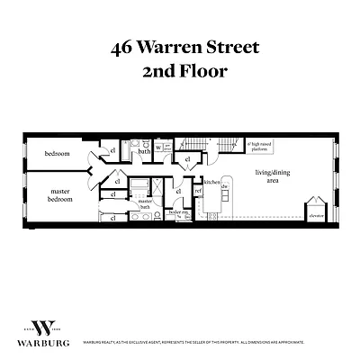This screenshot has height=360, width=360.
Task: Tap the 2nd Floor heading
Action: coord(180,73)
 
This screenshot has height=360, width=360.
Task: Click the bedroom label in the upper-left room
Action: coord(57,154)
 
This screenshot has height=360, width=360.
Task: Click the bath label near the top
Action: coord(144,151)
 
